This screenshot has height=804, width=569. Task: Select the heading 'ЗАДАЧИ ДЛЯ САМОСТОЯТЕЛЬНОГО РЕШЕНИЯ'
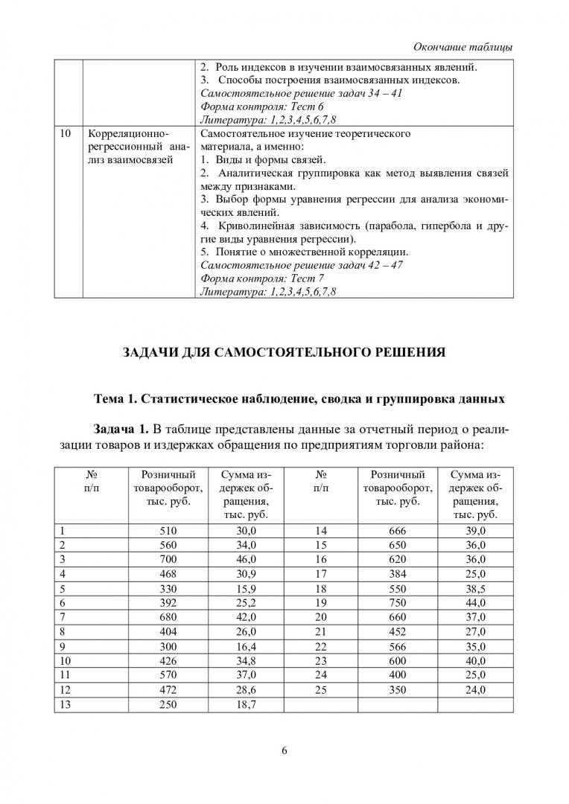[284, 352]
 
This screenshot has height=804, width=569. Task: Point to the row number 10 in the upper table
[65, 133]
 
